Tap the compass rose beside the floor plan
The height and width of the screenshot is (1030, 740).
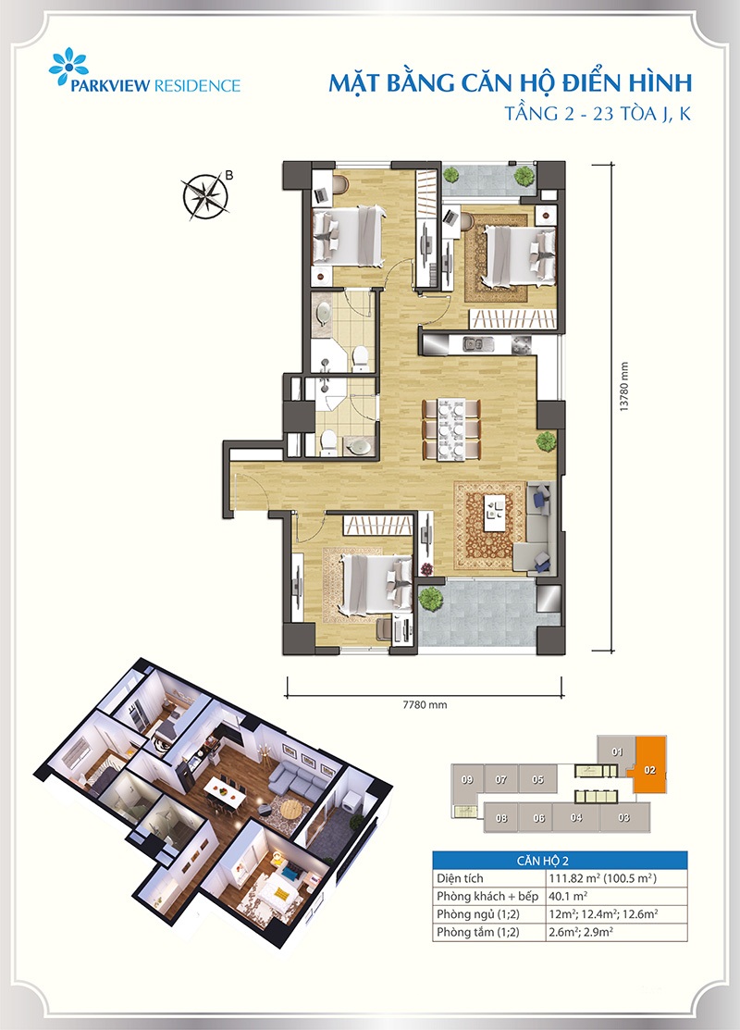(205, 195)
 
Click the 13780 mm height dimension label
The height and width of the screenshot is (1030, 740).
(624, 387)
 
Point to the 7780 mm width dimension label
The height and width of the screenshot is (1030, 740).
(425, 705)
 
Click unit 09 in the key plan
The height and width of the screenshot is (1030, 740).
(467, 780)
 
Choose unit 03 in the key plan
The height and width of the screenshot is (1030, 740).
(623, 818)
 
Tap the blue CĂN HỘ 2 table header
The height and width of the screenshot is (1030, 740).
(560, 861)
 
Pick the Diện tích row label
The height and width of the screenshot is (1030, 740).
(460, 878)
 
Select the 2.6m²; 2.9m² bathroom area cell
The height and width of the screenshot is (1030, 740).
(581, 932)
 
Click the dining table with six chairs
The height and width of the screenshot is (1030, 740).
(450, 428)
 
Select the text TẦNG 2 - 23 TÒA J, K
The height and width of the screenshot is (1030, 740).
(598, 114)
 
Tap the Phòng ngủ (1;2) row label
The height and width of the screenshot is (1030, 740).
(478, 913)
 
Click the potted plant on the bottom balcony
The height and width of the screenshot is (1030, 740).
(431, 598)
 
